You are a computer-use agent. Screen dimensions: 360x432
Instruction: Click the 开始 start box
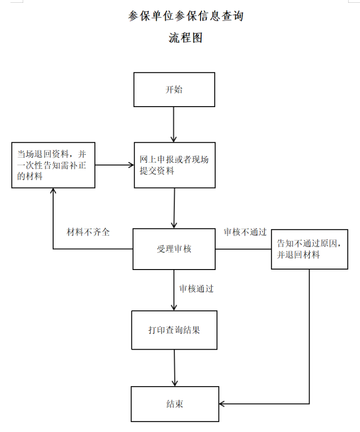[x=174, y=90]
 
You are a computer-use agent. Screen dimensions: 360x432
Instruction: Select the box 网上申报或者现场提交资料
[x=175, y=165]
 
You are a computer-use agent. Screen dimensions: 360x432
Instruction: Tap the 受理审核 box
[x=174, y=249]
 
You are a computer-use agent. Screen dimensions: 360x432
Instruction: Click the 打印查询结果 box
[x=174, y=330]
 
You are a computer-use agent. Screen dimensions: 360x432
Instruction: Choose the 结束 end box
[x=175, y=404]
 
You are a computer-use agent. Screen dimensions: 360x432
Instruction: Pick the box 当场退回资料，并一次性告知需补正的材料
[x=53, y=165]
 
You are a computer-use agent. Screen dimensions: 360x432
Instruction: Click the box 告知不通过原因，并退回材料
[x=310, y=249]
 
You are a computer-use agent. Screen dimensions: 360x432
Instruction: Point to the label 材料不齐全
[x=88, y=232]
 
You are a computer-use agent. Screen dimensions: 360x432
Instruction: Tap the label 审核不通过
[x=245, y=232]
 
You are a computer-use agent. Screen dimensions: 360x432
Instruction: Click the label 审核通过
[x=196, y=288]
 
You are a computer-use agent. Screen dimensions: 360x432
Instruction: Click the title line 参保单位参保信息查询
[x=186, y=16]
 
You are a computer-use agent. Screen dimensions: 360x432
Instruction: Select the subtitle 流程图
[x=186, y=38]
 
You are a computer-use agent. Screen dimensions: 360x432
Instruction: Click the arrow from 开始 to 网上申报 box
[x=174, y=125]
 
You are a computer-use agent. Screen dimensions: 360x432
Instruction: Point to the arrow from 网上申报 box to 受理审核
[x=174, y=208]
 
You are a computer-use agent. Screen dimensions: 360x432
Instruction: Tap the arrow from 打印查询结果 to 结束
[x=175, y=368]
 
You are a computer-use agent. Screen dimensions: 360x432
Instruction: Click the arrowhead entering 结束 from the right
[x=222, y=404]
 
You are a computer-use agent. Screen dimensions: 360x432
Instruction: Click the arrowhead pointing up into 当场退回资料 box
[x=53, y=191]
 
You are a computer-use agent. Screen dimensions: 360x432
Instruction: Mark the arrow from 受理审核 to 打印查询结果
[x=174, y=290]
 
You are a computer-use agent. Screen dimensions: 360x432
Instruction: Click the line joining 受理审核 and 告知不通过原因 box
[x=243, y=249]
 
